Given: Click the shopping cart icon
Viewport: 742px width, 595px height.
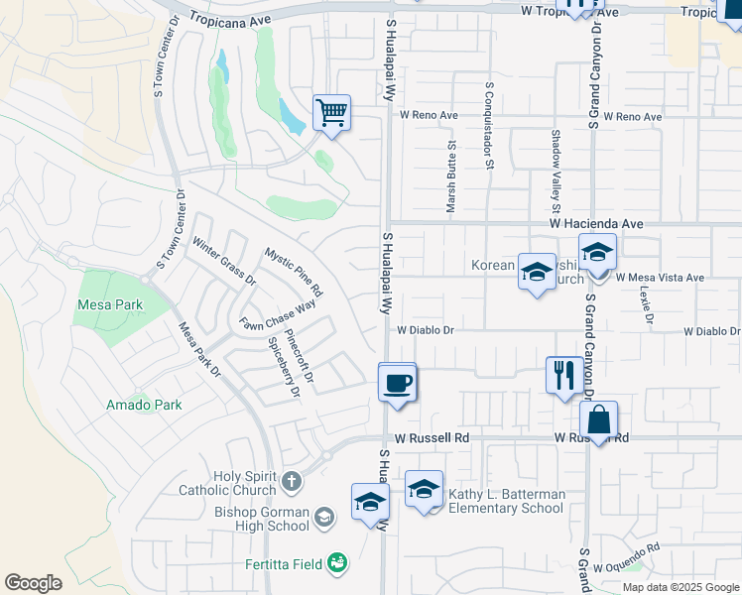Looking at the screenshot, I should coord(331,112).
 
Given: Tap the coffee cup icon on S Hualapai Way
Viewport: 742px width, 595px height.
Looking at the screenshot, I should coord(398,382).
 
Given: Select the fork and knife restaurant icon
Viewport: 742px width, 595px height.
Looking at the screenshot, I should coord(564,375).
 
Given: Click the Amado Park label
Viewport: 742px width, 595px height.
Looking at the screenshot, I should coord(144,405).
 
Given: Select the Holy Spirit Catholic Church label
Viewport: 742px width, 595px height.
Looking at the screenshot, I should coord(228,483).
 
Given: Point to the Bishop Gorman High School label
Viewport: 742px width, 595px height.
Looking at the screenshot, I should coord(262,519).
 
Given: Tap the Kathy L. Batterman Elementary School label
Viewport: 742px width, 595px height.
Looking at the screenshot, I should coord(506,501).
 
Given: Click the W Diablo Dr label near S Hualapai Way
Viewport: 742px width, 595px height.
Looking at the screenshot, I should coord(426,330).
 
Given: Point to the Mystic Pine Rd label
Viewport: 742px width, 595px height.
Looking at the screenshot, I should coord(294,273).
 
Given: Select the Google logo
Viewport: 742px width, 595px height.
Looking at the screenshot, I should coord(34,583).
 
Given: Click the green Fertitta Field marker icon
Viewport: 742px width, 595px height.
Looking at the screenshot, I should coord(337,563).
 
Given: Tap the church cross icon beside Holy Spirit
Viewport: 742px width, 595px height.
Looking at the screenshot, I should coord(291,482).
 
